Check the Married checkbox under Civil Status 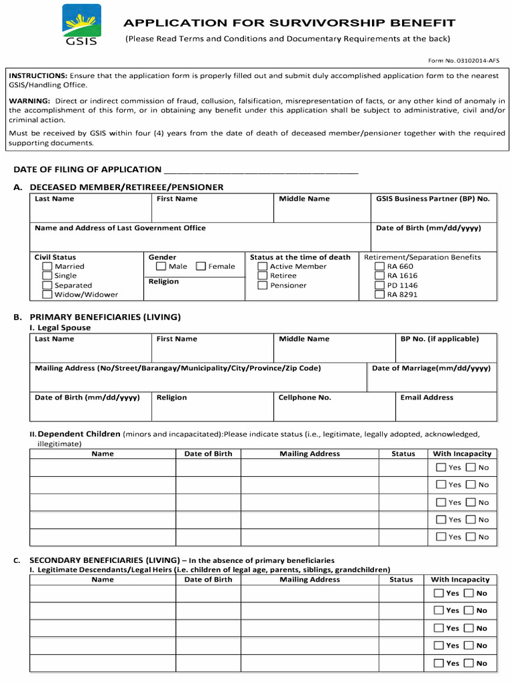[47, 266]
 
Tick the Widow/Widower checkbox [47, 294]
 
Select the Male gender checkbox [161, 266]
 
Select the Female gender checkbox [201, 266]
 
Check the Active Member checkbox [262, 266]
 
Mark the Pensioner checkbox [262, 285]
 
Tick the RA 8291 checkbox [379, 294]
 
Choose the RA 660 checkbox [379, 266]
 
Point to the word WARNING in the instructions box [29, 101]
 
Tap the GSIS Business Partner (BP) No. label [432, 199]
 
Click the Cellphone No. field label [305, 398]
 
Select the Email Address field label [427, 398]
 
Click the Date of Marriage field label [431, 368]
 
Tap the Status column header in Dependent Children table [403, 454]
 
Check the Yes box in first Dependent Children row [441, 467]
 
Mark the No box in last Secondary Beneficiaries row [469, 663]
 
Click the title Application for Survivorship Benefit [289, 23]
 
